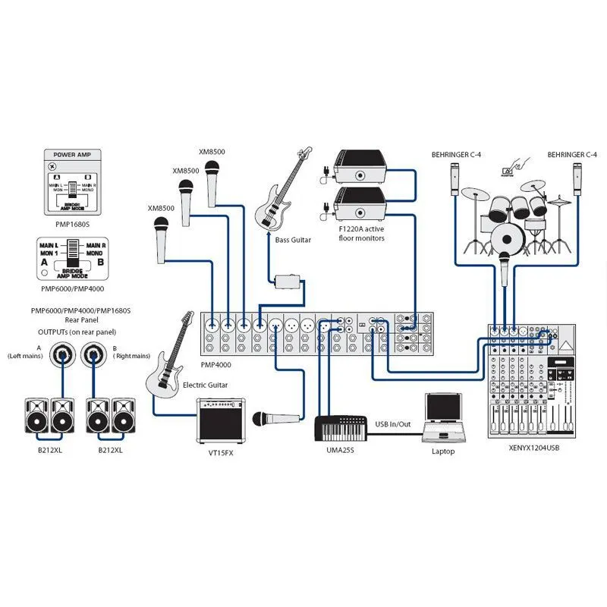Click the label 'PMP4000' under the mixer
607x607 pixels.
click(x=217, y=364)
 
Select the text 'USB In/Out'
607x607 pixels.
click(x=393, y=424)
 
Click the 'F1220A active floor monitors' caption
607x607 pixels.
click(x=362, y=234)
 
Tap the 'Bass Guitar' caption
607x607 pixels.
click(x=293, y=240)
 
